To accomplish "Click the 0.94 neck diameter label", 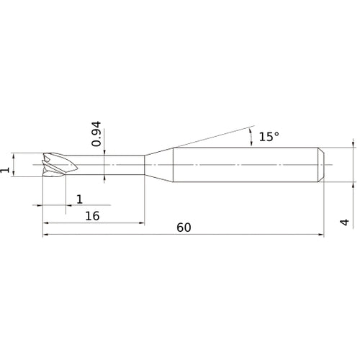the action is click(x=96, y=134).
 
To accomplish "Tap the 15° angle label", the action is click(x=269, y=137).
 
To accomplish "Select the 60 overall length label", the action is click(x=184, y=228).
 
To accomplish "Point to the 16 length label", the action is click(x=92, y=216).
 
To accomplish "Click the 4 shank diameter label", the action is click(x=345, y=222).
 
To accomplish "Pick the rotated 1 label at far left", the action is click(x=5, y=170).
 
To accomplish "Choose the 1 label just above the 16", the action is click(x=80, y=199).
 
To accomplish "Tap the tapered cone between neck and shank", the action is click(x=158, y=165).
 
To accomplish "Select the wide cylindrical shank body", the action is click(x=246, y=165).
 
